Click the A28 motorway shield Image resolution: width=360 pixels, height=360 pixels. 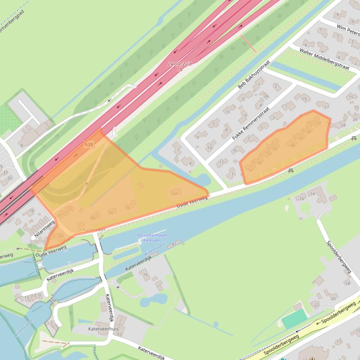(89, 145)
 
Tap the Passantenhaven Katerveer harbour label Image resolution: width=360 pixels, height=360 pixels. (152, 238)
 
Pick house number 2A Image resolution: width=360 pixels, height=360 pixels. (266, 96)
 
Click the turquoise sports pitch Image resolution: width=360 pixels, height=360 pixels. (294, 319)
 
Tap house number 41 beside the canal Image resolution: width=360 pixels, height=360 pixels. (174, 244)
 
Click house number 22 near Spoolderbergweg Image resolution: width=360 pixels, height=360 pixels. (316, 305)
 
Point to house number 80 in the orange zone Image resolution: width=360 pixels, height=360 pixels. (93, 217)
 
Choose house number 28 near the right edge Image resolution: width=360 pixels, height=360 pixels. (343, 125)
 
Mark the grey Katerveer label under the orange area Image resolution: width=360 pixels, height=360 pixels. (94, 230)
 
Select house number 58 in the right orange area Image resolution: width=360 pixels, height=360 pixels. (259, 163)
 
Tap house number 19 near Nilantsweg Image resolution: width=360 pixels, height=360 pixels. (31, 211)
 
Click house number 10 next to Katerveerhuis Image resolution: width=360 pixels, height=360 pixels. (120, 334)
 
